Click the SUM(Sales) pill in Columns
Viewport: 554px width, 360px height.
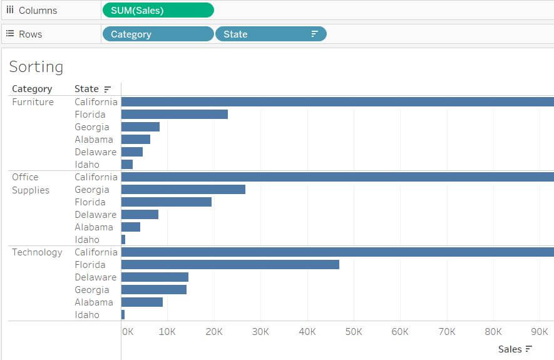pyautogui.click(x=157, y=10)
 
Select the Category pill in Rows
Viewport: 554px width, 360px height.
pyautogui.click(x=158, y=34)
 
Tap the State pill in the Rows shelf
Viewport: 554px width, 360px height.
pyautogui.click(x=270, y=34)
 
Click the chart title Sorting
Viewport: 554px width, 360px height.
pyautogui.click(x=36, y=67)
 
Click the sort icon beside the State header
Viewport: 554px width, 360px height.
pyautogui.click(x=107, y=90)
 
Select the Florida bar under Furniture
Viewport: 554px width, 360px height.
pyautogui.click(x=174, y=115)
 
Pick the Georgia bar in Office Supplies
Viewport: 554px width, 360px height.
pyautogui.click(x=183, y=190)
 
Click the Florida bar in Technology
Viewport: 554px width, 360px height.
pyautogui.click(x=230, y=265)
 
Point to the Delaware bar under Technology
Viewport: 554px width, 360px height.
pyautogui.click(x=155, y=277)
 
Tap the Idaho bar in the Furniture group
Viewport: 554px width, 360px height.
pyautogui.click(x=127, y=165)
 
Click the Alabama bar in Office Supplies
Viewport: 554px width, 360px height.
pyautogui.click(x=131, y=227)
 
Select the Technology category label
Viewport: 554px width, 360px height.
pyautogui.click(x=37, y=252)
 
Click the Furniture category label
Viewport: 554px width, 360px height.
pyautogui.click(x=33, y=102)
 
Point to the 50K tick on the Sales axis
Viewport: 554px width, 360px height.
pyautogui.click(x=354, y=332)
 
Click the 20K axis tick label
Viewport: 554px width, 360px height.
pyautogui.click(x=214, y=332)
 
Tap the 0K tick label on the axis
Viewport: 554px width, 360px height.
pyautogui.click(x=127, y=332)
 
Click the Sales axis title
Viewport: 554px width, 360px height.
pyautogui.click(x=510, y=349)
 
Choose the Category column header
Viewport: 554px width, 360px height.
pyautogui.click(x=32, y=89)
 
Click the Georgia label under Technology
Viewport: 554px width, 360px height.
pyautogui.click(x=91, y=290)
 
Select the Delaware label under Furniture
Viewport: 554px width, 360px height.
pyautogui.click(x=95, y=152)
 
